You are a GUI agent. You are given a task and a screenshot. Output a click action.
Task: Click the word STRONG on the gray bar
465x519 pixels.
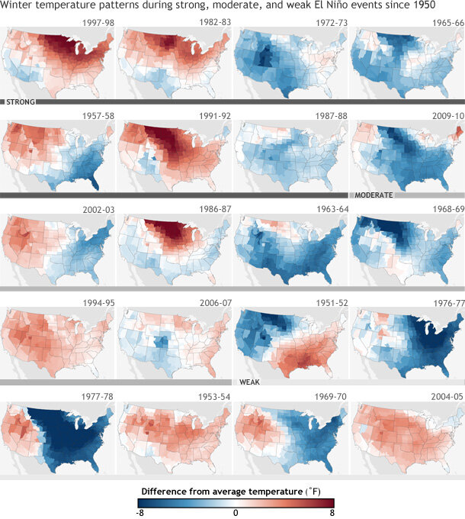18,102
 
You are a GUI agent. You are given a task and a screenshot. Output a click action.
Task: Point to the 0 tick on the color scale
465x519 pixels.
236,514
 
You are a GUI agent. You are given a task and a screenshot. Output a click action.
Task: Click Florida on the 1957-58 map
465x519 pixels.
94,180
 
